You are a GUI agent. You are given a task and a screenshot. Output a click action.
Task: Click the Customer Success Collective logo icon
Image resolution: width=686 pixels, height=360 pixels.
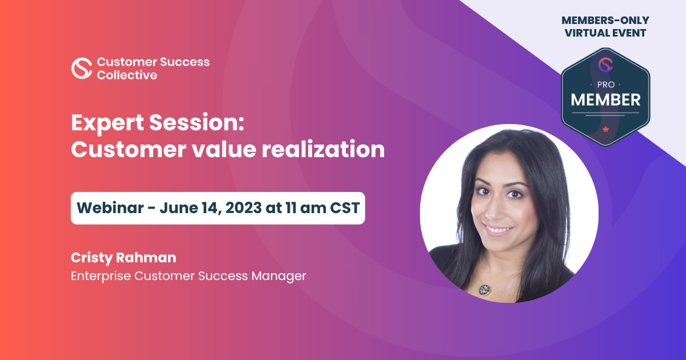pos(82,68)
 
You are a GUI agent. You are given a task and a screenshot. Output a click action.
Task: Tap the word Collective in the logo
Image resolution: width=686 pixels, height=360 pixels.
pos(127,75)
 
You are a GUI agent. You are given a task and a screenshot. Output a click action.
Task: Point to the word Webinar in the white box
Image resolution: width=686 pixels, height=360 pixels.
pos(109,207)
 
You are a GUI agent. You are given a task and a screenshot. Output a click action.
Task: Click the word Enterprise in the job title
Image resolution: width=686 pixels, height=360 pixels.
pos(101,275)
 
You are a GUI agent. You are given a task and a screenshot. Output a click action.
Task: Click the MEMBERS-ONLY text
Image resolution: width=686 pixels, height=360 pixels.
pos(605,21)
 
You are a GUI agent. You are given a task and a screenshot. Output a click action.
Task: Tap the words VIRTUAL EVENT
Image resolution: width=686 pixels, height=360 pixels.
pos(605,33)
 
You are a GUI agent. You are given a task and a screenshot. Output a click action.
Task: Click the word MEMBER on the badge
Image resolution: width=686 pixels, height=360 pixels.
pos(606,99)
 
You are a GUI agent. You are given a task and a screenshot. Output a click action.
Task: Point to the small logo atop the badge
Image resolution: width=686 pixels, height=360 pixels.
pos(606,64)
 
